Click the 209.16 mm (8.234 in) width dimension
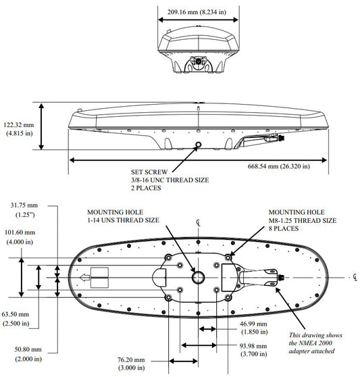point(197,11)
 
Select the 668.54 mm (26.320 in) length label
point(279,166)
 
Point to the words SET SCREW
point(149,172)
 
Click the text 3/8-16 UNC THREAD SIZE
point(170,180)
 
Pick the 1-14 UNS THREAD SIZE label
point(123,220)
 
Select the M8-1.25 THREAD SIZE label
point(303,220)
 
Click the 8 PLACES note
point(284,228)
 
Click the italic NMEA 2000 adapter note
point(315,343)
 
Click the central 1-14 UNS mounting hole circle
point(199,272)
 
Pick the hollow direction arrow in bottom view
point(85,278)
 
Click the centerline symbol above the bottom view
point(199,223)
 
